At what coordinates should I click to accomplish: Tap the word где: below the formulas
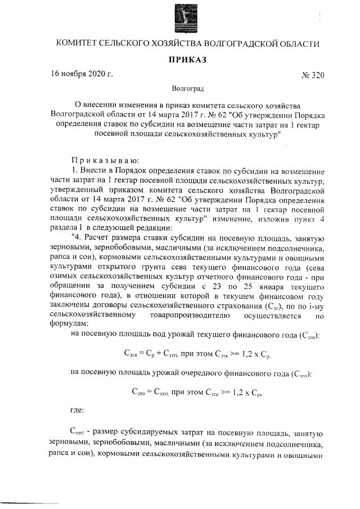(x=77, y=410)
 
